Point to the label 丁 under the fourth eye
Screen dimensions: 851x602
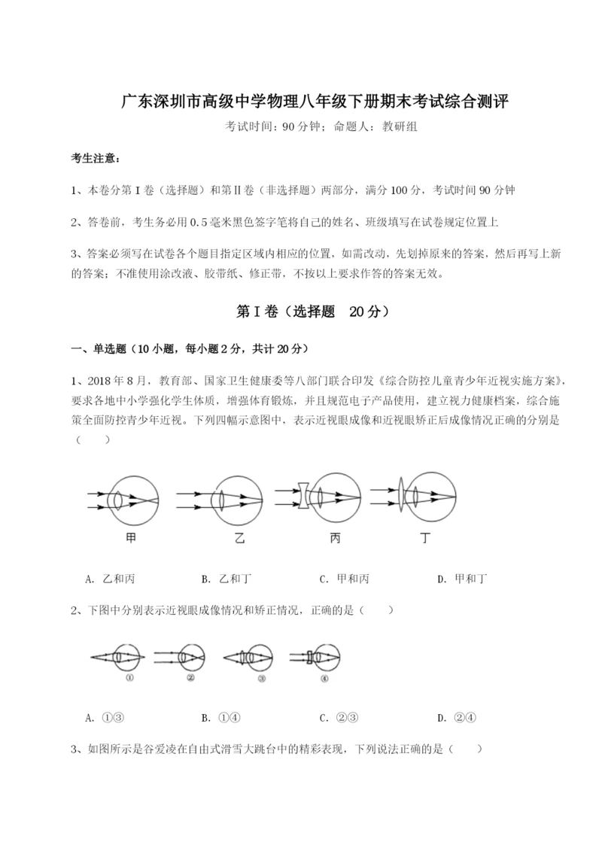coord(425,538)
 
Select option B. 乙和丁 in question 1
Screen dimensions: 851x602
coord(227,579)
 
